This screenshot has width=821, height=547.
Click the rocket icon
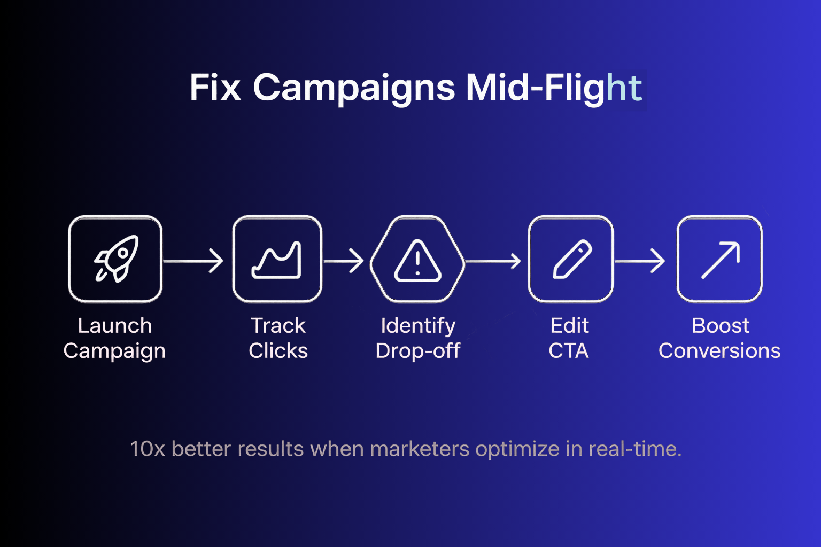(x=117, y=259)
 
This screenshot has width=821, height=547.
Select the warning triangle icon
(x=417, y=261)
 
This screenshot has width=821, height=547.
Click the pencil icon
(x=572, y=259)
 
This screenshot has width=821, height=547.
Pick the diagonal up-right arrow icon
(x=721, y=260)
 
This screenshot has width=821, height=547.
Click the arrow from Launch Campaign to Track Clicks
(x=193, y=261)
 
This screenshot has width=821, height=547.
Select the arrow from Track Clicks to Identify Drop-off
(x=344, y=261)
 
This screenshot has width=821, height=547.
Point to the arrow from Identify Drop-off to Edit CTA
(x=493, y=261)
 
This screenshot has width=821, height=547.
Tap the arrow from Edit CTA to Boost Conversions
(x=640, y=261)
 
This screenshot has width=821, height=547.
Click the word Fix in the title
(x=215, y=88)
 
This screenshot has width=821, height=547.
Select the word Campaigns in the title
(x=354, y=89)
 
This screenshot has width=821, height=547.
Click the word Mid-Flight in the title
(x=554, y=89)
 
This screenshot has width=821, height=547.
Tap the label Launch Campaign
(x=115, y=338)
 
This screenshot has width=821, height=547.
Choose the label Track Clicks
(x=278, y=338)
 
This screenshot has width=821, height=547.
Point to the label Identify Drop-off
(x=418, y=338)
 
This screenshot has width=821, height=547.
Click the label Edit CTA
(x=569, y=338)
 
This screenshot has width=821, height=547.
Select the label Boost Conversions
(x=720, y=338)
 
